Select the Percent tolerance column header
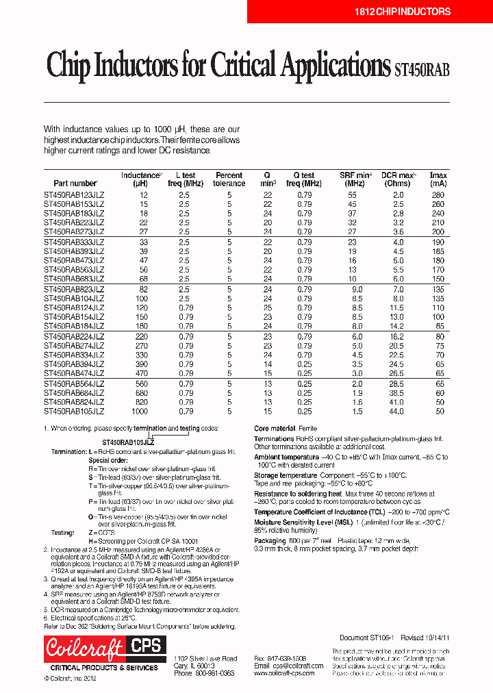pos(229,179)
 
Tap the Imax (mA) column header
pos(438,179)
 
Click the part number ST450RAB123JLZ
pos(74,195)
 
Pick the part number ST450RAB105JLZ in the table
pos(74,412)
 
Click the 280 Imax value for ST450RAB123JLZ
pos(438,195)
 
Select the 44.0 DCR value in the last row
pos(397,412)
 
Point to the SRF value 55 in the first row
pos(352,195)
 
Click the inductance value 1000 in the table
pos(139,412)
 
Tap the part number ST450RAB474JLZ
pos(74,374)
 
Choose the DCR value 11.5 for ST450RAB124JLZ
pos(397,308)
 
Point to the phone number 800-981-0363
pos(214,673)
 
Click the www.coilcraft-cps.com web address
pos(284,673)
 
